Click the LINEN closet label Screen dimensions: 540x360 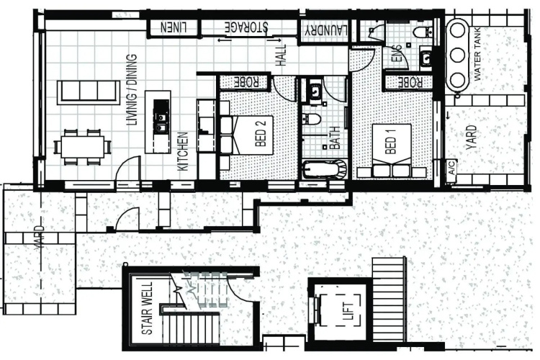pos(174,27)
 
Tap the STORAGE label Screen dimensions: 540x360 pos(246,27)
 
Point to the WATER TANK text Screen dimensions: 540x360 pos(477,55)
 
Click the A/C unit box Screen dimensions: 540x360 pos(452,168)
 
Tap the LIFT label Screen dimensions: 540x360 pos(348,311)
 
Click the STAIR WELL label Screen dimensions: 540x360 pos(147,309)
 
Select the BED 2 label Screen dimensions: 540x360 pos(261,133)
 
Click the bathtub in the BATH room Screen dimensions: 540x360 pos(325,168)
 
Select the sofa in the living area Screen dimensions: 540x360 pos(89,92)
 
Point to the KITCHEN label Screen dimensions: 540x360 pos(183,151)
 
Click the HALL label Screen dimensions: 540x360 pos(281,55)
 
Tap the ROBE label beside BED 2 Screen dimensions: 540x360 pos(246,82)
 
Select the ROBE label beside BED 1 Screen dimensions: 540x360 pos(410,82)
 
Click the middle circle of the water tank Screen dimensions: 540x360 pos(457,55)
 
